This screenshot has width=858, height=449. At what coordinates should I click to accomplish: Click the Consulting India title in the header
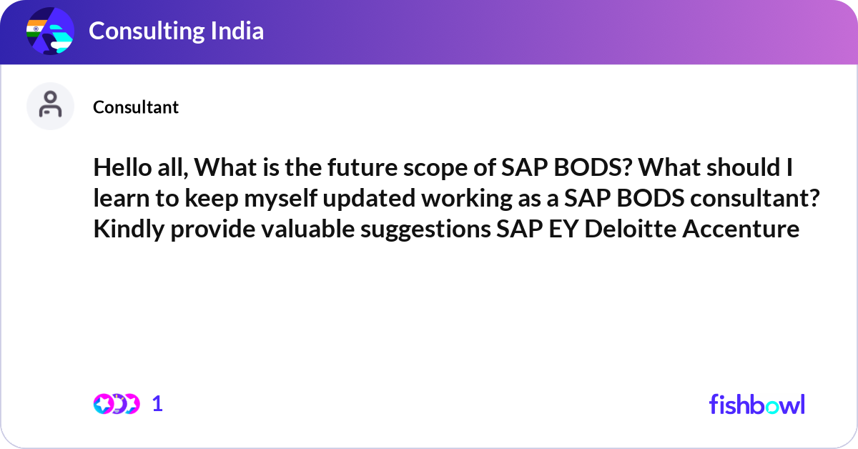(176, 31)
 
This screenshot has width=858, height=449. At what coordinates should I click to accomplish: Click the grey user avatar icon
(50, 106)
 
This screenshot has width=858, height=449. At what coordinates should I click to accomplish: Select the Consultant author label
(136, 107)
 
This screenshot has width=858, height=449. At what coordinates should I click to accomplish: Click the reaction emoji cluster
(116, 404)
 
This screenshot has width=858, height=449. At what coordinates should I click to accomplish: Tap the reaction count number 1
(157, 404)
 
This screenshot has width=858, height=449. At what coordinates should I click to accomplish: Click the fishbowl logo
(756, 404)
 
